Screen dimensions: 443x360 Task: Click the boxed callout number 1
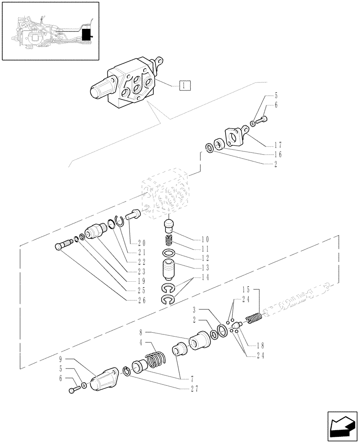185,85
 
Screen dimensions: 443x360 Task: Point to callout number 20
141,242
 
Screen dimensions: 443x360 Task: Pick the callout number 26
141,300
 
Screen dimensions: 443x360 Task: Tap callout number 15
246,289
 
